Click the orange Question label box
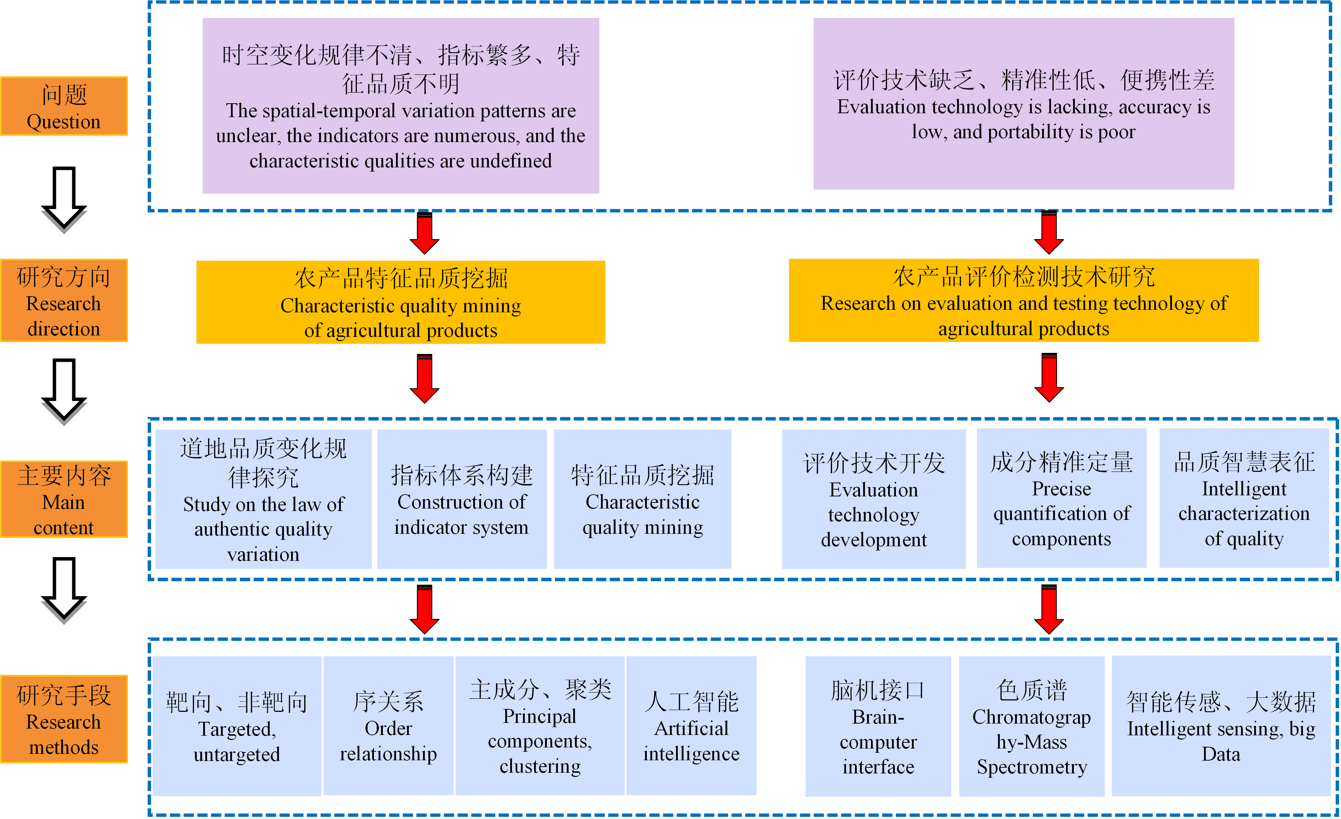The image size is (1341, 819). (64, 106)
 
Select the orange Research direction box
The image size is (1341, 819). (64, 301)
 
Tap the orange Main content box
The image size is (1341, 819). (64, 499)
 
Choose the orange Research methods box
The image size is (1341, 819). (64, 719)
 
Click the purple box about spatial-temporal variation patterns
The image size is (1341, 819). (401, 106)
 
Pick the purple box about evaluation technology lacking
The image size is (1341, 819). (1023, 104)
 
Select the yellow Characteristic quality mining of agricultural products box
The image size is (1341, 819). (401, 302)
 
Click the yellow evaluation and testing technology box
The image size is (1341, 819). (1024, 301)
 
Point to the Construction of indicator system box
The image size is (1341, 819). (461, 499)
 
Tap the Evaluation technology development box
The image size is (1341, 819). (873, 499)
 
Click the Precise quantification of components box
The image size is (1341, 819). (1061, 498)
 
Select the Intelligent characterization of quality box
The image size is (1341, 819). (1244, 498)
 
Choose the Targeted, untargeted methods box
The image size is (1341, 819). (237, 726)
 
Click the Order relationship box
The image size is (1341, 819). (388, 726)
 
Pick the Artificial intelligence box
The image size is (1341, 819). (691, 726)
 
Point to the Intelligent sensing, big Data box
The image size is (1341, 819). (1221, 726)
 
